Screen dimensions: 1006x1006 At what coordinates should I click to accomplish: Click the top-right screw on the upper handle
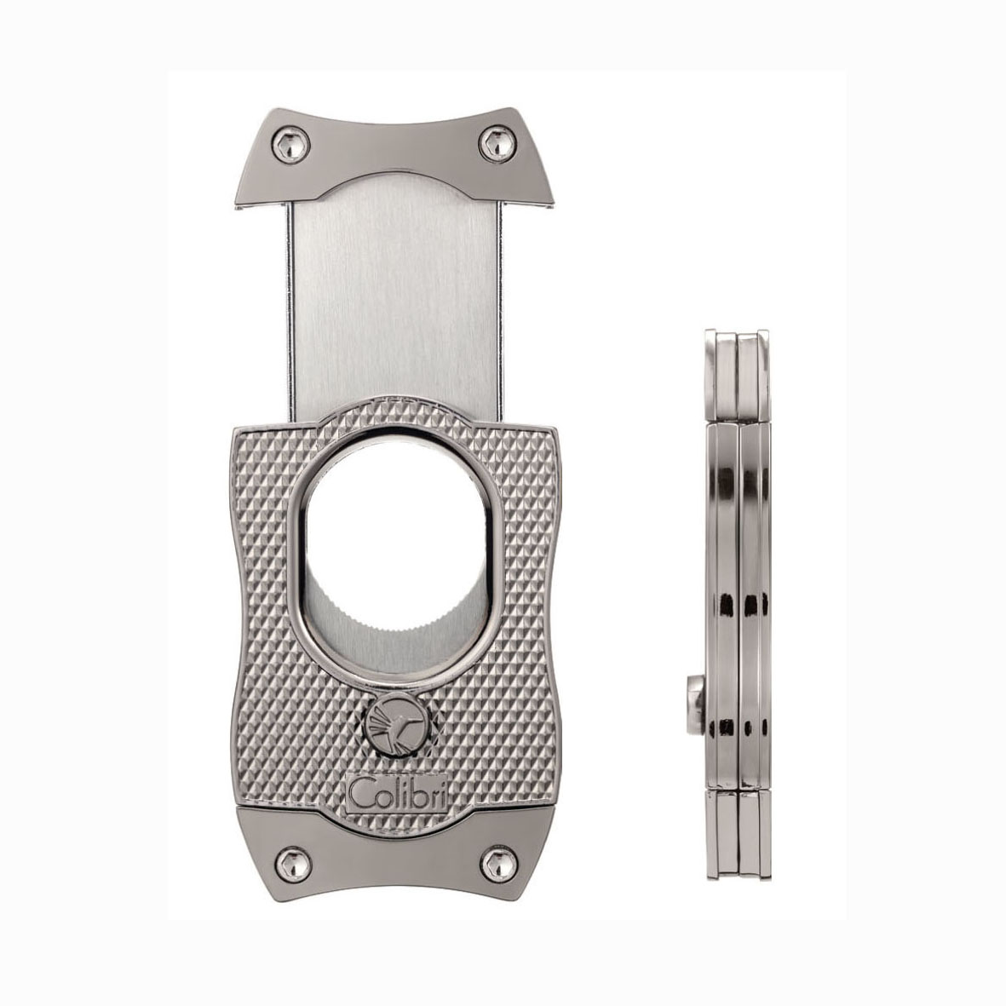[497, 141]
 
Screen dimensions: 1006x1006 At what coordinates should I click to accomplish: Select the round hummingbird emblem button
[395, 727]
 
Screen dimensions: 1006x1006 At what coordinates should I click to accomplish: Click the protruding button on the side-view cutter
[695, 705]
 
